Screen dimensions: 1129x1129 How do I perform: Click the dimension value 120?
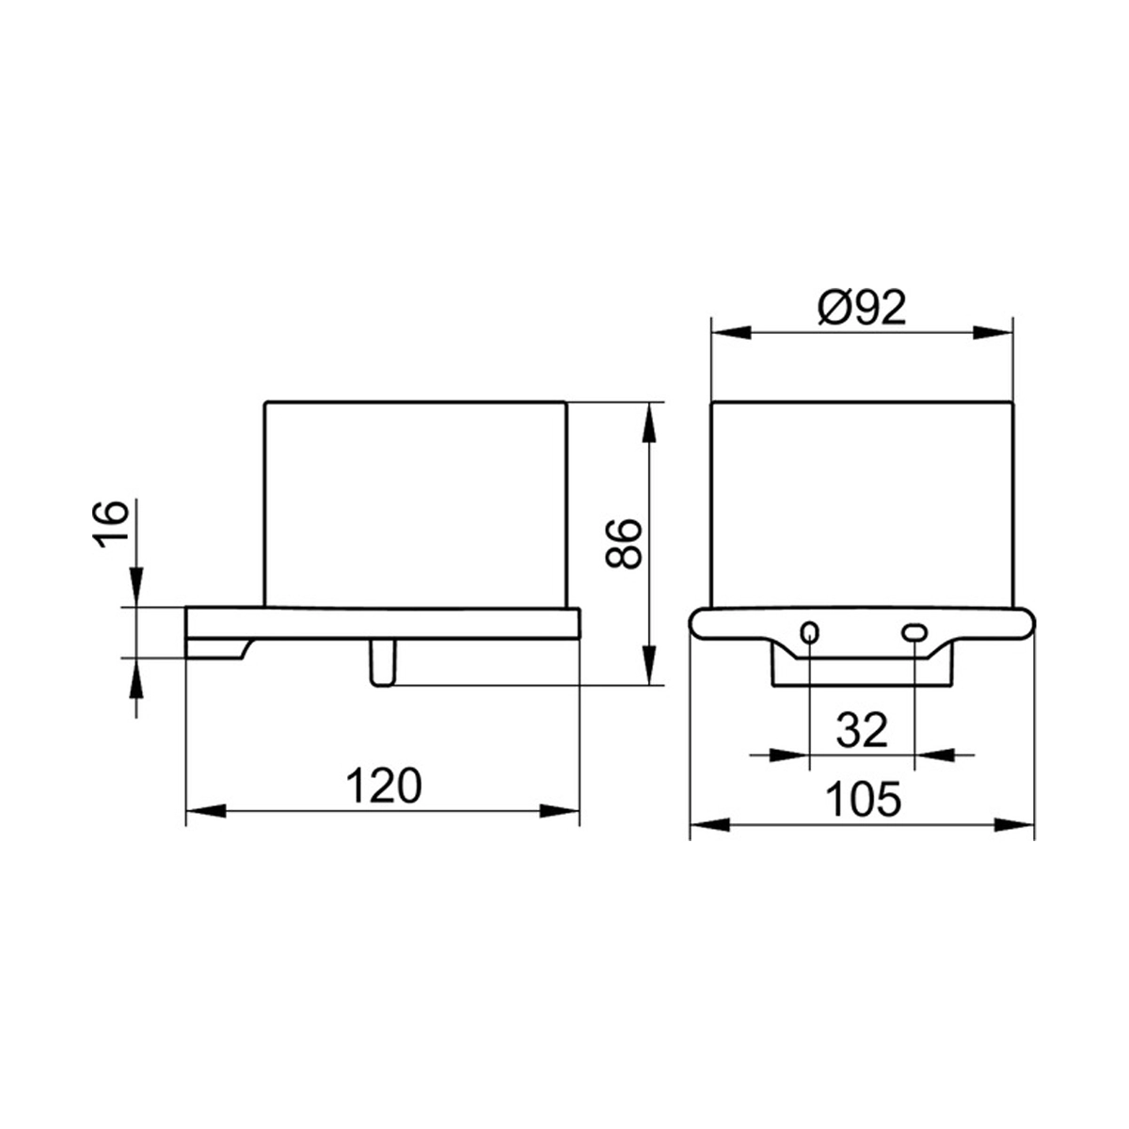point(384,786)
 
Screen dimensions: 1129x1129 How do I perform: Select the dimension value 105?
point(863,800)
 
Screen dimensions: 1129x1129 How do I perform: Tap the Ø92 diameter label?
point(862,309)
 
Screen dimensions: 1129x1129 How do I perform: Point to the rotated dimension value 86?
point(624,543)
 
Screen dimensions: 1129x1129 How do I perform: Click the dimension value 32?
point(862,730)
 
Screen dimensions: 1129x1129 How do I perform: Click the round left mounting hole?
point(810,632)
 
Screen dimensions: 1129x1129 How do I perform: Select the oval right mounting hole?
point(914,632)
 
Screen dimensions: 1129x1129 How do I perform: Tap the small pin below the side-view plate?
point(383,662)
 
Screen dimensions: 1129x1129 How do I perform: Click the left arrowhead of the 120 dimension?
point(206,811)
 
